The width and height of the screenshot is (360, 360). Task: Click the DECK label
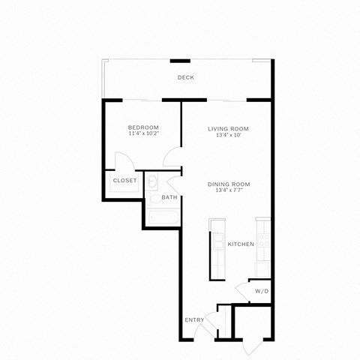(x=186, y=78)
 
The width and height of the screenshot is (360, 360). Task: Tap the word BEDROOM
(x=143, y=127)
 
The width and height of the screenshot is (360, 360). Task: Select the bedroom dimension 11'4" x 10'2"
(x=143, y=134)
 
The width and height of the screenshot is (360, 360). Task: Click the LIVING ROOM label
(x=228, y=129)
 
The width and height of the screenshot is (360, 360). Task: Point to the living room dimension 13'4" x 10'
(x=228, y=136)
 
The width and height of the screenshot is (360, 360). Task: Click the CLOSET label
(x=124, y=181)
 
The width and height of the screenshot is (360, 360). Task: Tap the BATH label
(x=169, y=198)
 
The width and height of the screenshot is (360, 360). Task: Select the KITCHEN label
(x=241, y=244)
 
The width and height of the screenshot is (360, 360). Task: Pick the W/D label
(x=262, y=291)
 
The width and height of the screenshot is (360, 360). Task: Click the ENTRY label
(x=194, y=320)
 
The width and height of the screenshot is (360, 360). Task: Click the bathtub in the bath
(x=163, y=217)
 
